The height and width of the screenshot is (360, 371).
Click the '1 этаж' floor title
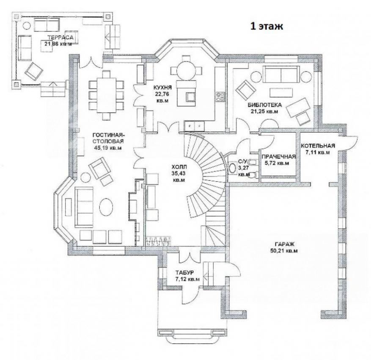pyautogui.click(x=267, y=26)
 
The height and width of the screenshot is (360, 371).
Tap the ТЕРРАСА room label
pyautogui.click(x=60, y=37)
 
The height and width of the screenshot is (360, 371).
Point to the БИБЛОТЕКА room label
pyautogui.click(x=265, y=105)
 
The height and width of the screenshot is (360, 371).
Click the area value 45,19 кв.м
pyautogui.click(x=108, y=148)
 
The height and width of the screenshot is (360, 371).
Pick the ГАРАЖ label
pyautogui.click(x=284, y=244)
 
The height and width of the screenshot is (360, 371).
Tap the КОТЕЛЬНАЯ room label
pyautogui.click(x=318, y=146)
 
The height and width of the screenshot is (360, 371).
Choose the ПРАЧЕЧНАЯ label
pyautogui.click(x=279, y=157)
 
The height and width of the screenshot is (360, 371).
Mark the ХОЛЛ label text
pyautogui.click(x=179, y=167)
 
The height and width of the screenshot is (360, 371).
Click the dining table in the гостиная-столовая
pyautogui.click(x=106, y=95)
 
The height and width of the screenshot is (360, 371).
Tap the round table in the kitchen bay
pyautogui.click(x=186, y=70)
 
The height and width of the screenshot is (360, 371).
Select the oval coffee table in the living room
pyautogui.click(x=106, y=207)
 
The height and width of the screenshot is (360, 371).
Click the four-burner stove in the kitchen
pyautogui.click(x=220, y=97)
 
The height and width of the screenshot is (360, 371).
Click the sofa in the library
pyautogui.click(x=281, y=74)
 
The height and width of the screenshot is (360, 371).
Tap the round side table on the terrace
pyautogui.click(x=27, y=25)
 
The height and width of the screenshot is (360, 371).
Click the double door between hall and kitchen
pyautogui.click(x=168, y=127)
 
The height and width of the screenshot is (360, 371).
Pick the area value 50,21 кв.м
pyautogui.click(x=284, y=251)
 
